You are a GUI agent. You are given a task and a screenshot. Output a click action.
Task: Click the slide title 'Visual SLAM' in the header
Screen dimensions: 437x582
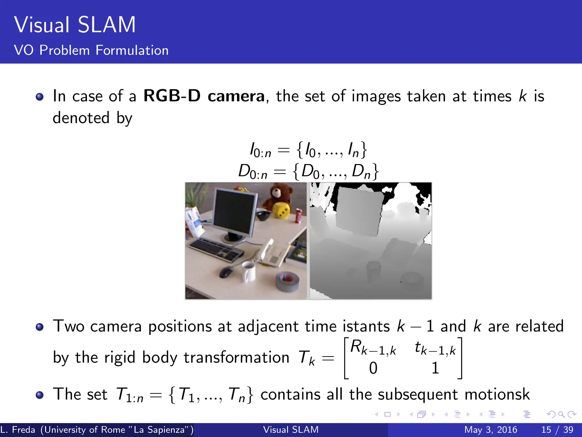click(75, 25)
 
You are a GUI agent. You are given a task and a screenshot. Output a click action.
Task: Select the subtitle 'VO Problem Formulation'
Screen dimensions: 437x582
click(91, 50)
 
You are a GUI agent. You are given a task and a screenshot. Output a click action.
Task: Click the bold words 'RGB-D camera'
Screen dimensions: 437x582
click(204, 96)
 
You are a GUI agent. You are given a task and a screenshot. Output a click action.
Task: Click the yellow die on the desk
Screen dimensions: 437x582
click(281, 211)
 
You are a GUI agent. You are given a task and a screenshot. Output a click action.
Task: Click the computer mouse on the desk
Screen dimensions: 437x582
click(226, 272)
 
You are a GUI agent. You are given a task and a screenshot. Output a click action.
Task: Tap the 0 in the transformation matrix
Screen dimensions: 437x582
click(373, 368)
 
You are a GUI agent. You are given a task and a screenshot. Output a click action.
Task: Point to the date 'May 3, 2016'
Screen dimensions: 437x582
click(490, 430)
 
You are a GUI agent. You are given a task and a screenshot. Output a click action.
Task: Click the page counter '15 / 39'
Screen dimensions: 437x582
click(557, 430)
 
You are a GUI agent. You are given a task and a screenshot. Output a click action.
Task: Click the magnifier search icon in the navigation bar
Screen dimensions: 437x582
click(561, 415)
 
